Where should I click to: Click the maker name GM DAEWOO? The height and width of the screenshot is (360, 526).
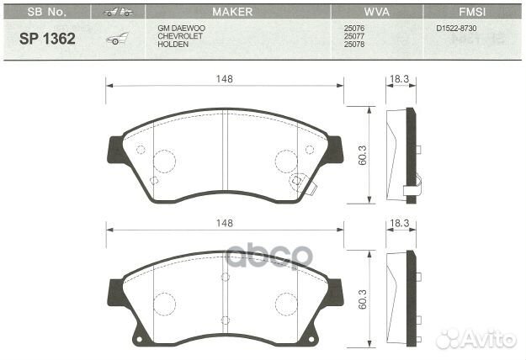pyautogui.click(x=181, y=28)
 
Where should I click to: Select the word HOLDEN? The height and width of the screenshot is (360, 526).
pyautogui.click(x=173, y=44)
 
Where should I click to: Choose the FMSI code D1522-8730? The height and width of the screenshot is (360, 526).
pyautogui.click(x=458, y=28)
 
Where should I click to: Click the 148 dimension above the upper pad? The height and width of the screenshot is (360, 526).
pyautogui.click(x=224, y=78)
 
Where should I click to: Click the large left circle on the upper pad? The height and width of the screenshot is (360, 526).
pyautogui.click(x=163, y=160)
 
